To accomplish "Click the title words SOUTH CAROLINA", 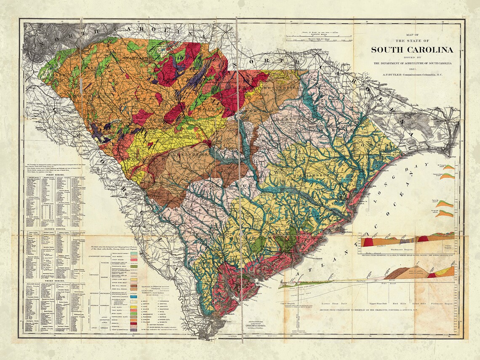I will (x=412, y=50).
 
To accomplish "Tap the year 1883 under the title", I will (x=412, y=69).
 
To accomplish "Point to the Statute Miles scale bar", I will (x=319, y=39).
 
